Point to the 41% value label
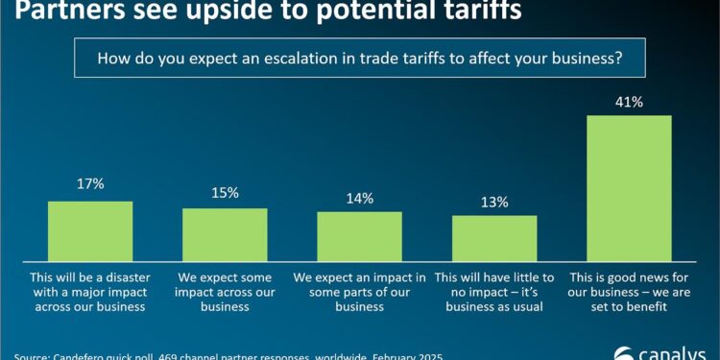coord(629,101)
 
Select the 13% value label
coord(494,202)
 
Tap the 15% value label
coord(225,194)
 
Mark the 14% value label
coord(359,198)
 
